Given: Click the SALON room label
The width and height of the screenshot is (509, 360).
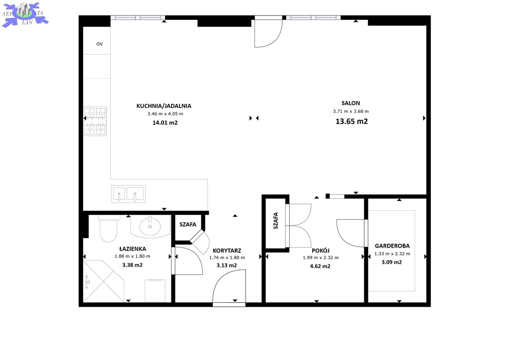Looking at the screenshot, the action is coord(350,103).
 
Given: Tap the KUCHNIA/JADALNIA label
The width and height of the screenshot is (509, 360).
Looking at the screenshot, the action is coord(164,106).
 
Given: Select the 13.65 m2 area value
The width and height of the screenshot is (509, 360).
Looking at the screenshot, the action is coord(351,121).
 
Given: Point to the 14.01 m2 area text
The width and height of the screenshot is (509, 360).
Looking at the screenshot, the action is coord(165,123).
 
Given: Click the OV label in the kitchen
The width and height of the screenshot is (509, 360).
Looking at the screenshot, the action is coord(99,44).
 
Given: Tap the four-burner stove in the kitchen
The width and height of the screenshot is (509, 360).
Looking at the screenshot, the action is coord(95,121).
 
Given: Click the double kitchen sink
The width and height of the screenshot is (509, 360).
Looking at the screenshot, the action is coord(128,194).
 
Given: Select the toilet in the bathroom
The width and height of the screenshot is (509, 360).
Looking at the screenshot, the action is coord(108,228).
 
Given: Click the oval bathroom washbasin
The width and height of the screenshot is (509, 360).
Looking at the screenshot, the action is coord(150,226).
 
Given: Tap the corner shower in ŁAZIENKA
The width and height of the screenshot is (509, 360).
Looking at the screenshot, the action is coord(103,281).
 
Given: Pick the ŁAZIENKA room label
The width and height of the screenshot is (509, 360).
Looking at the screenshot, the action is coord(132,249).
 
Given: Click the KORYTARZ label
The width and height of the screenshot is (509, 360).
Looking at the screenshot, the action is coord(227,251).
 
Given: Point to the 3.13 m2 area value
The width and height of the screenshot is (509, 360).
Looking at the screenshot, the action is coord(227,266).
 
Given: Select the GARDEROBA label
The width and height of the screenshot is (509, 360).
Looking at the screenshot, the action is coord(392,246).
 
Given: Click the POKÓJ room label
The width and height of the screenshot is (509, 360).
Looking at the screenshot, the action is coord(321,251).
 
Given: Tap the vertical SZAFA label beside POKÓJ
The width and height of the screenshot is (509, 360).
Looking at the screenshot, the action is coord(275,221).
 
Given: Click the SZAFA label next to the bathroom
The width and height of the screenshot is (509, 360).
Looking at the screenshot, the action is coord(187,224).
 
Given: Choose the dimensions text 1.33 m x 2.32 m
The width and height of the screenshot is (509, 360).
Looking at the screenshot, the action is coord(392,254).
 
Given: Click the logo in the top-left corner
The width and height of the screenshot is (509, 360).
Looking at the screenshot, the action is coord(25,14).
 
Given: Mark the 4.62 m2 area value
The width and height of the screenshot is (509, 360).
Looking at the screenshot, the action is coord(320,266).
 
